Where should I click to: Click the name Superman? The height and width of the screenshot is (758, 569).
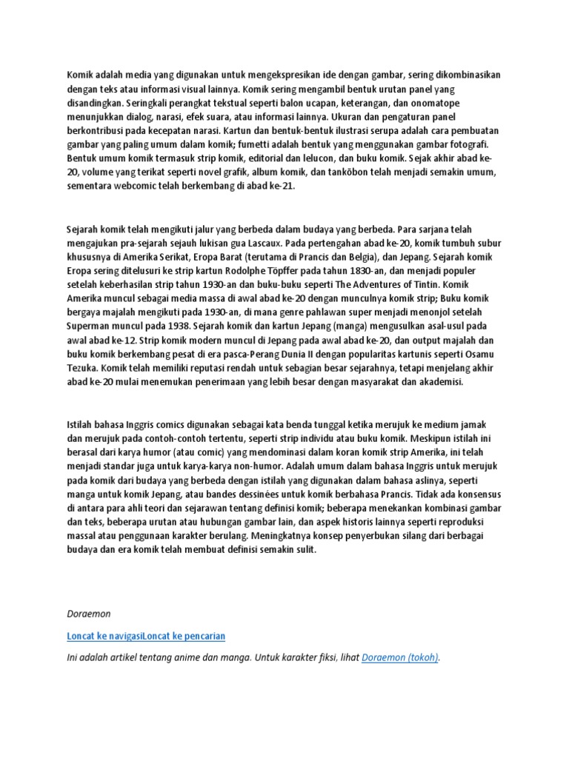pyautogui.click(x=93, y=326)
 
